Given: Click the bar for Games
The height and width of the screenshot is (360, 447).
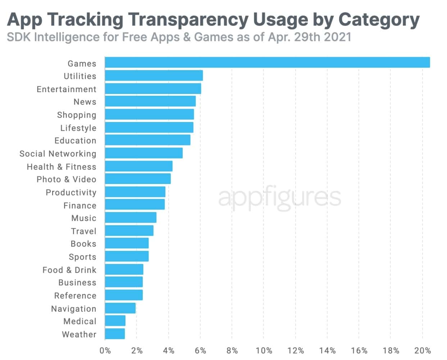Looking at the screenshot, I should click(x=267, y=62).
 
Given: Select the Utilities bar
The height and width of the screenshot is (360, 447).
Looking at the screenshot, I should click(x=154, y=76).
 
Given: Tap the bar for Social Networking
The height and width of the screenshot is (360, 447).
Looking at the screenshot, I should click(x=144, y=153).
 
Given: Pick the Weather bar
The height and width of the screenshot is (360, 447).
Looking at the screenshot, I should click(x=115, y=334).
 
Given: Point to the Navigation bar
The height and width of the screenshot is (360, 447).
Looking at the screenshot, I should click(x=120, y=308).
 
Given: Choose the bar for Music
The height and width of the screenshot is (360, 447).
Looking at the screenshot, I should click(x=131, y=218).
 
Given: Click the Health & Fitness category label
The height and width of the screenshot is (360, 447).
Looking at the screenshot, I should click(x=61, y=167).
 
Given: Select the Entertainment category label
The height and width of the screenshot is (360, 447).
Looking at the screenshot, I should click(x=67, y=89).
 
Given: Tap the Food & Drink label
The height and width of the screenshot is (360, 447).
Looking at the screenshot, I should click(x=69, y=270).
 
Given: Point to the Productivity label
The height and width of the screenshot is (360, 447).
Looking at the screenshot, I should click(x=71, y=193).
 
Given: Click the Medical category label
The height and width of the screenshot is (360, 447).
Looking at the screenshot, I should click(x=80, y=321).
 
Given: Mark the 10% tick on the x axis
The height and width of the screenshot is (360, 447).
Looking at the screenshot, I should click(x=264, y=351).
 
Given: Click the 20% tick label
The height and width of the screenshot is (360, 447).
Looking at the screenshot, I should click(x=423, y=351).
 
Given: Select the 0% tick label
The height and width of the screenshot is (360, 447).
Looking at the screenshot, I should click(x=105, y=351).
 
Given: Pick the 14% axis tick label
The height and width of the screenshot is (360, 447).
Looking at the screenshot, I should click(x=327, y=351).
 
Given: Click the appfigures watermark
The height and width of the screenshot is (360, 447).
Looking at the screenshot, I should click(x=279, y=197).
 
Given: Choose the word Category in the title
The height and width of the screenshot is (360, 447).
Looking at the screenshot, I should click(x=379, y=20).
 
